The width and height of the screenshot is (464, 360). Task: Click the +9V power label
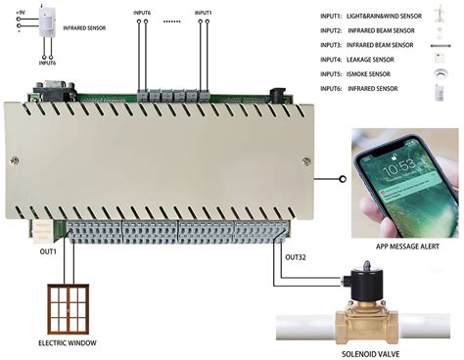(21, 11)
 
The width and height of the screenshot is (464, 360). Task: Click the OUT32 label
(297, 256)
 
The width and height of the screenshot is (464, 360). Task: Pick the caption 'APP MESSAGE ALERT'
(402, 247)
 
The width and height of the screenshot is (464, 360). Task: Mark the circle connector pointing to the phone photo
(342, 180)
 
